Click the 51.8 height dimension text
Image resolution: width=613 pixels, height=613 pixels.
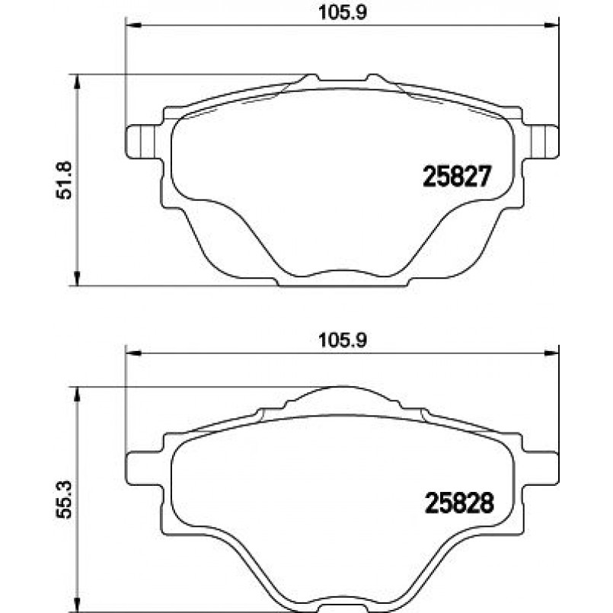65,180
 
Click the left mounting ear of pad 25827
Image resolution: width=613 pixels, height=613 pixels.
142,142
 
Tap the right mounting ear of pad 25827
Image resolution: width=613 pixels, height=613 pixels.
541,142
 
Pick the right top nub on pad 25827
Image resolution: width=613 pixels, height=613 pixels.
374,78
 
